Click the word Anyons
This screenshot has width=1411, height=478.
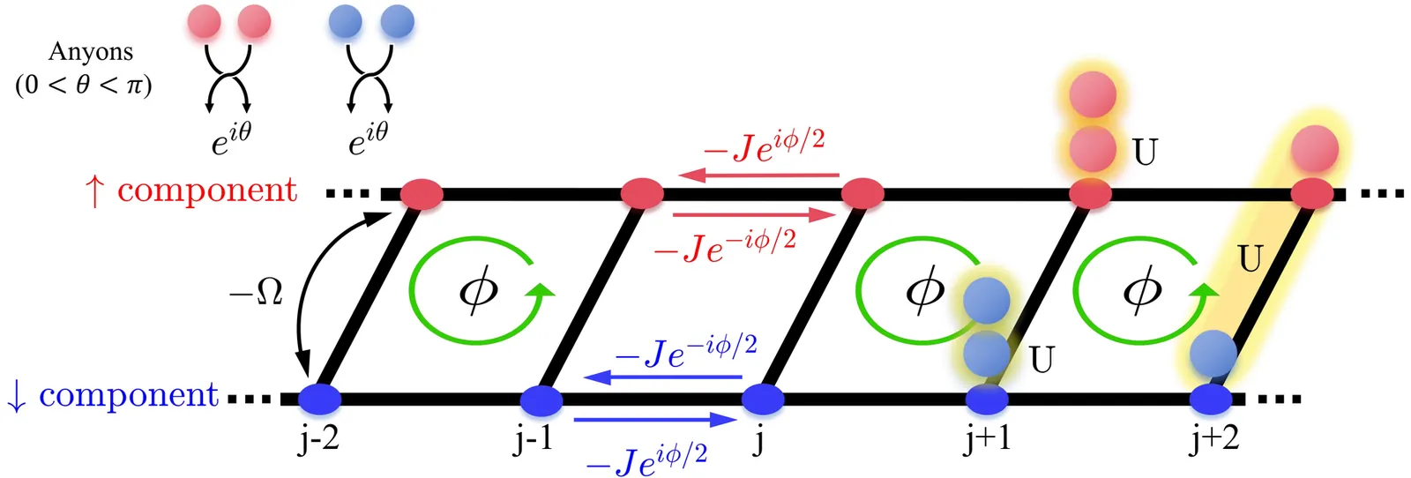(x=90, y=52)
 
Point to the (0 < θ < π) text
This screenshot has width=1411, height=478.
(x=84, y=85)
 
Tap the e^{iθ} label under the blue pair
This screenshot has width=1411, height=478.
(x=368, y=138)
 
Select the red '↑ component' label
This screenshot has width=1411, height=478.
(x=191, y=190)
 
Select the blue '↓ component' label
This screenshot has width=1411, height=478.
(x=112, y=395)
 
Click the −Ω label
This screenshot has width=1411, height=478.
(x=256, y=292)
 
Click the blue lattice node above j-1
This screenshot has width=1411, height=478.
(x=541, y=400)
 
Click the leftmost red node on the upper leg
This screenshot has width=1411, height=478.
(x=422, y=193)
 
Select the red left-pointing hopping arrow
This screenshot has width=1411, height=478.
(x=759, y=176)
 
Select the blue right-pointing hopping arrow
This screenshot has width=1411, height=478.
(x=655, y=420)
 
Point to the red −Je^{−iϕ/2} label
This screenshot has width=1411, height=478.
(x=724, y=246)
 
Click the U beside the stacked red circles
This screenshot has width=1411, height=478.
(x=1145, y=153)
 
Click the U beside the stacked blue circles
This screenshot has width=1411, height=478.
(x=1041, y=359)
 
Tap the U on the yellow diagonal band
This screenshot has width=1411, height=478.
(x=1250, y=259)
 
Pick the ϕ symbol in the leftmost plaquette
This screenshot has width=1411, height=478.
(x=478, y=289)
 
